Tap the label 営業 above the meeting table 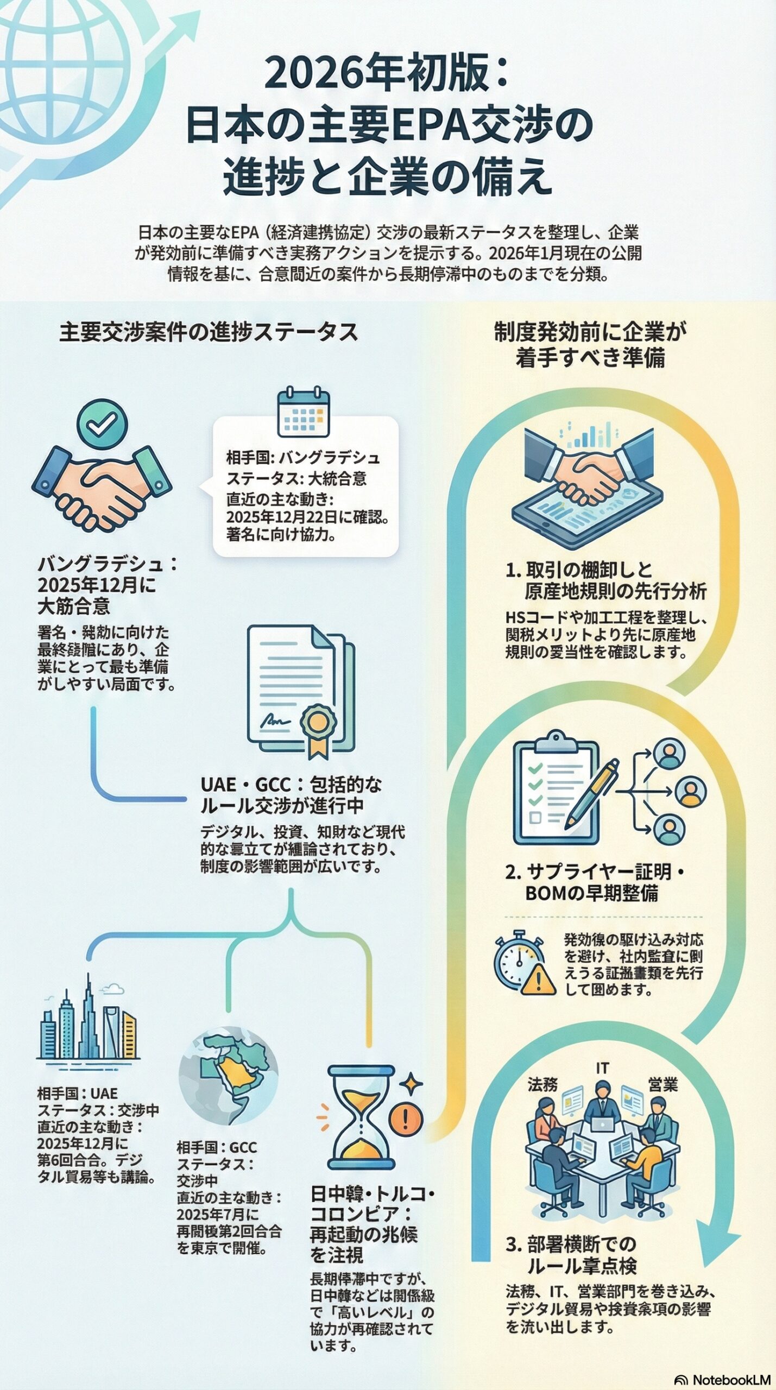pos(663,1085)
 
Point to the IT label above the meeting pos(602,1069)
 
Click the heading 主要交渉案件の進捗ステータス pos(209,332)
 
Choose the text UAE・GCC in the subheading pos(245,785)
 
